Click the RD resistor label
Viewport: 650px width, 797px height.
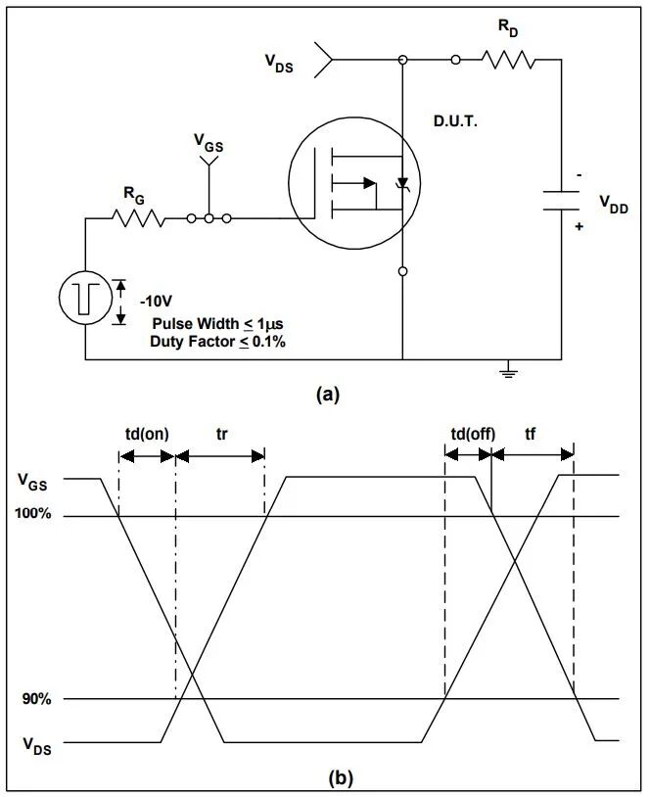pos(508,30)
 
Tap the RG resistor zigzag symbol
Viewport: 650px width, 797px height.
pos(139,218)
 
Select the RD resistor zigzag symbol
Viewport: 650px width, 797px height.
pos(508,61)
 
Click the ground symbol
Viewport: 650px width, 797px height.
pos(505,371)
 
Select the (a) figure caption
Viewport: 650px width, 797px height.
pos(327,395)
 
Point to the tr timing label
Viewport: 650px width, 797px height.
pos(221,434)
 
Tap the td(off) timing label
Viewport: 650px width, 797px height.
pos(470,434)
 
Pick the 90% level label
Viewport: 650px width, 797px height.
pos(36,699)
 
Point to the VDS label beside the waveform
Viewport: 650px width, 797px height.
pos(33,746)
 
